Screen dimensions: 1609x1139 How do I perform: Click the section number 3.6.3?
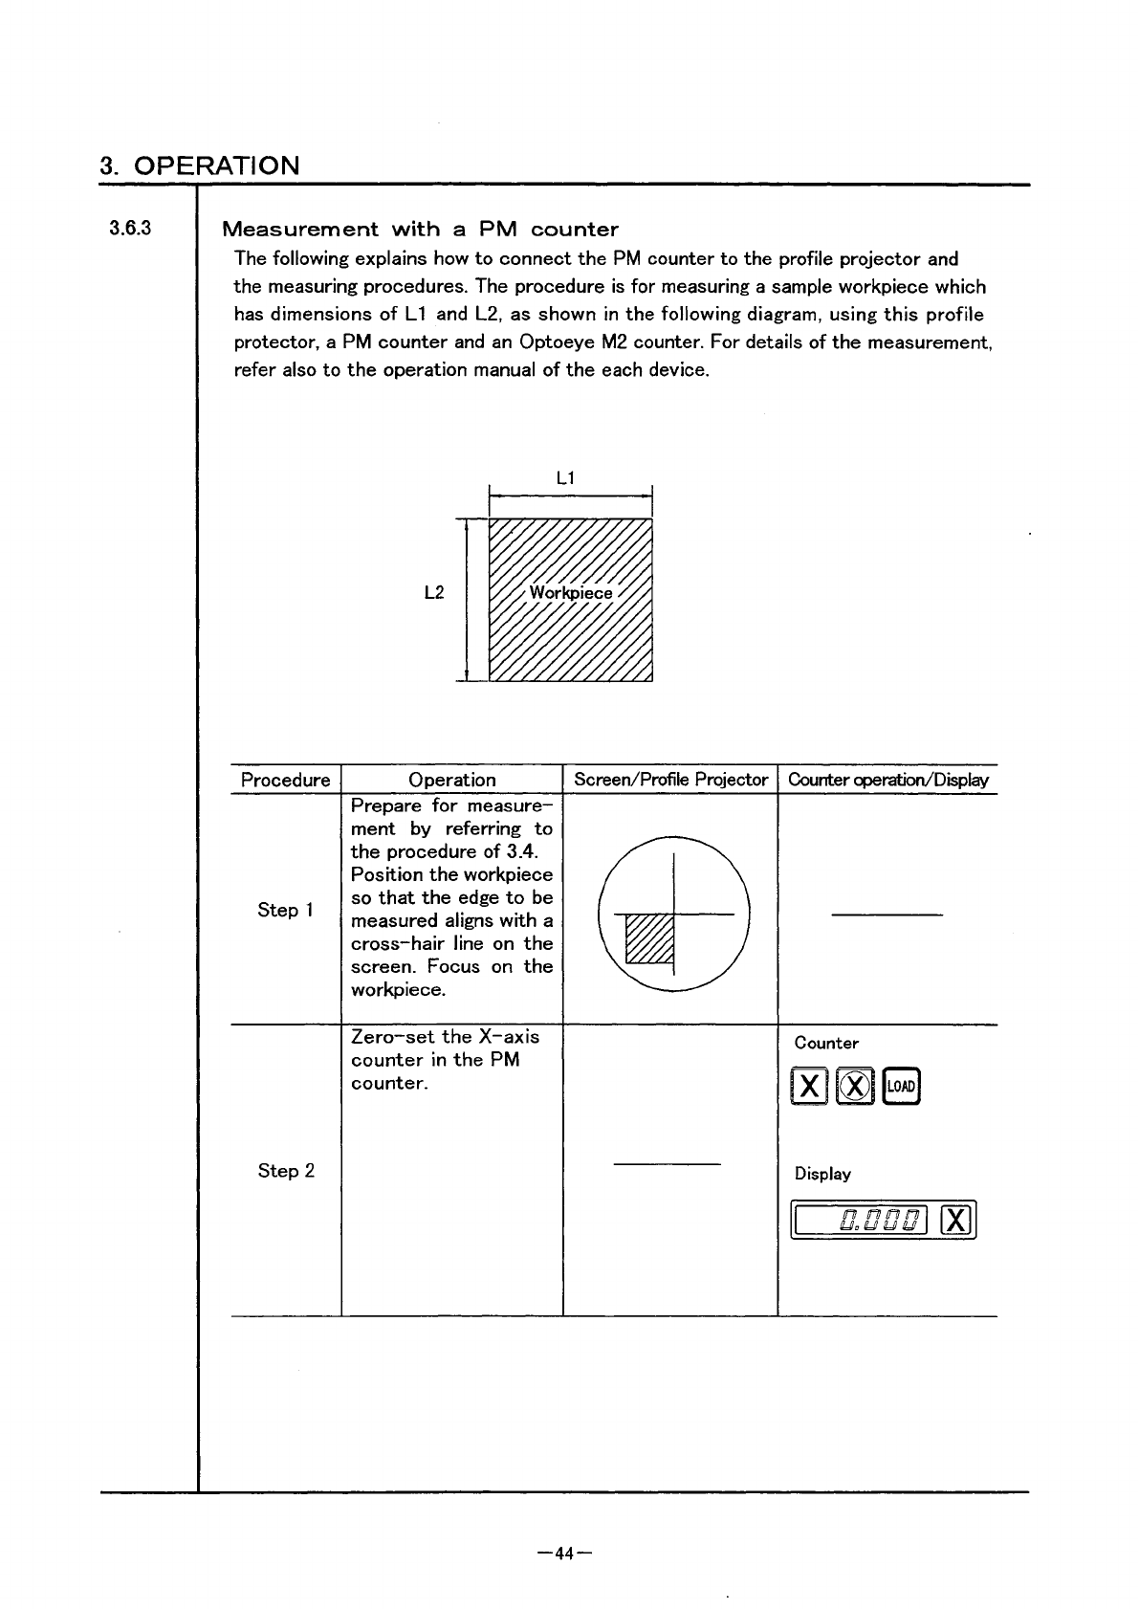pos(130,229)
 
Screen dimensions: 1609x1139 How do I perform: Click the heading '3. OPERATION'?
pos(200,165)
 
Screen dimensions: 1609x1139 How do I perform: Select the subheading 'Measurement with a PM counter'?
pos(420,230)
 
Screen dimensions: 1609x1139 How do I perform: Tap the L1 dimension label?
pos(565,477)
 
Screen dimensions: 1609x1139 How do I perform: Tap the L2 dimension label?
pos(433,593)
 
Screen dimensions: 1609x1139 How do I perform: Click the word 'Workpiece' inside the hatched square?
pos(571,593)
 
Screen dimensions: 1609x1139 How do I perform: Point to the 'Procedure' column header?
pos(285,780)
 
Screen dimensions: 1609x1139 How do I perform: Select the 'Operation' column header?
pos(451,780)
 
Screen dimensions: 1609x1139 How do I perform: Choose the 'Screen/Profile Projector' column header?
pos(670,780)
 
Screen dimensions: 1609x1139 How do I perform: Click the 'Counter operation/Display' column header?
pos(887,780)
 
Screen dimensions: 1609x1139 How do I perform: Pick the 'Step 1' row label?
pos(285,911)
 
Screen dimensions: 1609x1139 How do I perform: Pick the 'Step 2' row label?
pos(285,1171)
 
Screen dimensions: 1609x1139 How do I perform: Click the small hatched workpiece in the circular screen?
pos(649,938)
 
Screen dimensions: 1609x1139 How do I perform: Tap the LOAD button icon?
pos(902,1086)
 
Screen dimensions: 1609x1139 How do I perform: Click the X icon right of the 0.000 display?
pos(956,1220)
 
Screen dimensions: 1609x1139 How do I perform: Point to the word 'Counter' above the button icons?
pos(826,1044)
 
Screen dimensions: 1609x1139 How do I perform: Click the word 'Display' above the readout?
pos(822,1174)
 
